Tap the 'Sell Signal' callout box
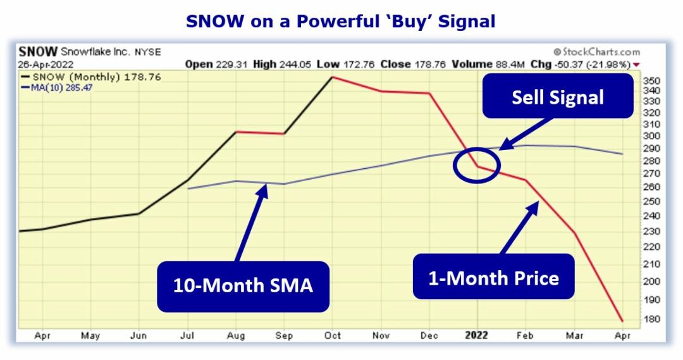(557, 97)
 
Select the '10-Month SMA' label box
(243, 285)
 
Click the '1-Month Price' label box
(493, 277)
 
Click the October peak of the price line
(333, 77)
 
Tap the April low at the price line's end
(622, 321)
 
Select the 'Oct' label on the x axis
(333, 336)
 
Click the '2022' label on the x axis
(476, 336)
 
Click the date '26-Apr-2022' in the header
(46, 64)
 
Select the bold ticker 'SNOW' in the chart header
(38, 52)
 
